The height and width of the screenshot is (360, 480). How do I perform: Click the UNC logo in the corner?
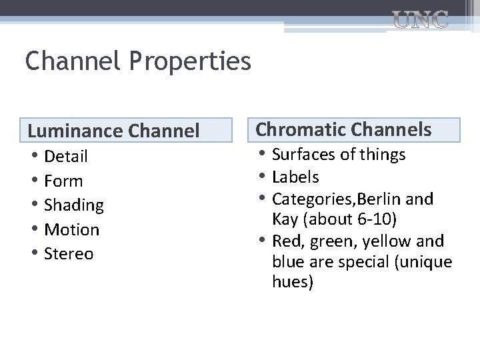(420, 21)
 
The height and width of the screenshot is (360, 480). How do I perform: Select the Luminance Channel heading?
(113, 131)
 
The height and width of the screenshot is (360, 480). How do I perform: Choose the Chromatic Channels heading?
(344, 129)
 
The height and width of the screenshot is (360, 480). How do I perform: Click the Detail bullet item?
(66, 156)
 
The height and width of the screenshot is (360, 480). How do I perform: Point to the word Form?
(63, 181)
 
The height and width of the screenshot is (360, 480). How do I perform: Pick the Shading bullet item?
(73, 205)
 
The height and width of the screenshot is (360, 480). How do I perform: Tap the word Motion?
(71, 229)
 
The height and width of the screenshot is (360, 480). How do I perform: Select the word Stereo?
(69, 254)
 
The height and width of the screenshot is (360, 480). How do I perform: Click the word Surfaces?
(304, 155)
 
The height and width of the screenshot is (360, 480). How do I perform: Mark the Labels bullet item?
(295, 177)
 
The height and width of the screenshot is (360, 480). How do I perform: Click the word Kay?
(285, 219)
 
